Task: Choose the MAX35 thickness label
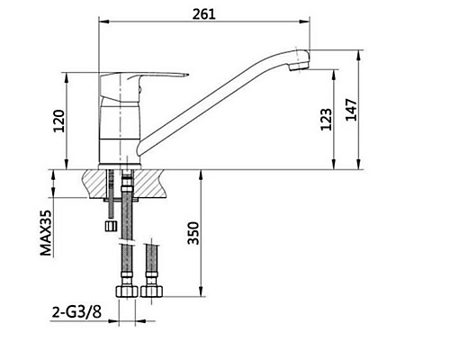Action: pos(44,233)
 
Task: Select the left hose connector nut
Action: pos(125,292)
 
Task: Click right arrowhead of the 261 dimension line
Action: pos(305,23)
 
